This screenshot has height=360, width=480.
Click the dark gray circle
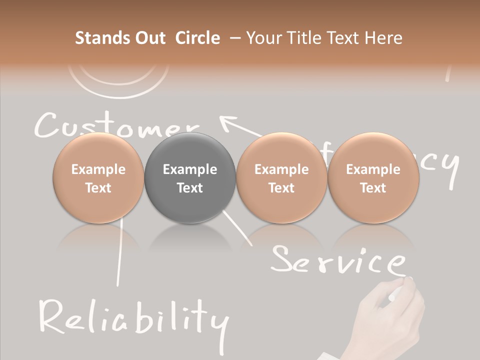click(x=190, y=178)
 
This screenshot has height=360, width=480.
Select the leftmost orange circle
click(x=98, y=178)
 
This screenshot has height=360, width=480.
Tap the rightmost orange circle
click(x=373, y=178)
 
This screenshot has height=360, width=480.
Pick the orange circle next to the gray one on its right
click(x=281, y=178)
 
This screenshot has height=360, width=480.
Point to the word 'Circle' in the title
click(x=197, y=38)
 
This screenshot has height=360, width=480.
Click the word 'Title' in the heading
click(x=304, y=38)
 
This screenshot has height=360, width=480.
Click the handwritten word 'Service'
click(x=337, y=260)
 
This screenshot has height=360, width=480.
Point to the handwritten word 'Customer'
click(x=115, y=125)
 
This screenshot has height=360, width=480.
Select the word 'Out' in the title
click(x=148, y=38)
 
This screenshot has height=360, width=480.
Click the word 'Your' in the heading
click(x=262, y=38)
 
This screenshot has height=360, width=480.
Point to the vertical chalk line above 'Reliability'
click(x=119, y=255)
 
